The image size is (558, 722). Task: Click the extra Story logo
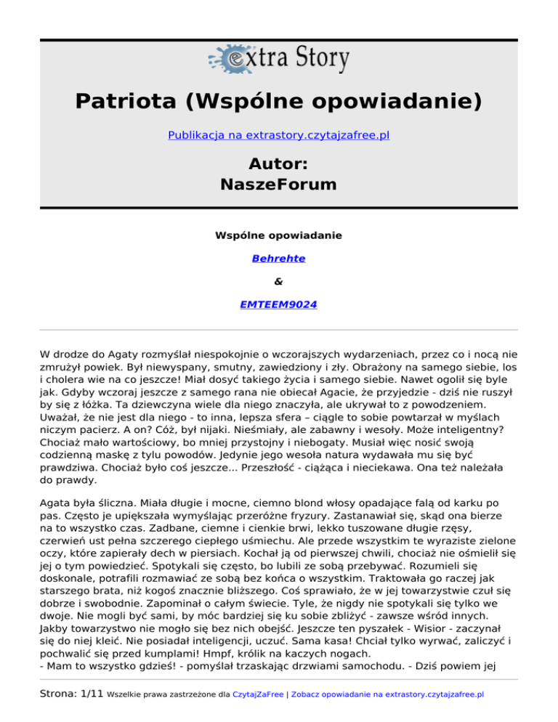coord(279,57)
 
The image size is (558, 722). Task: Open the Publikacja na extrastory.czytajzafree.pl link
coord(279,135)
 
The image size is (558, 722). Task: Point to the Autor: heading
coord(279,161)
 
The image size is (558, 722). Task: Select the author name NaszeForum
coord(279,184)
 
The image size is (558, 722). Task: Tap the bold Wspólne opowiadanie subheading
coord(279,235)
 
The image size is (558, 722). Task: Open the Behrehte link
coord(279,258)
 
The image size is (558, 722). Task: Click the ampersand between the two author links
coord(279,281)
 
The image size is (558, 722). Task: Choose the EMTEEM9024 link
coord(279,304)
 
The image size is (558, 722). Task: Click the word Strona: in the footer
coord(54,694)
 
